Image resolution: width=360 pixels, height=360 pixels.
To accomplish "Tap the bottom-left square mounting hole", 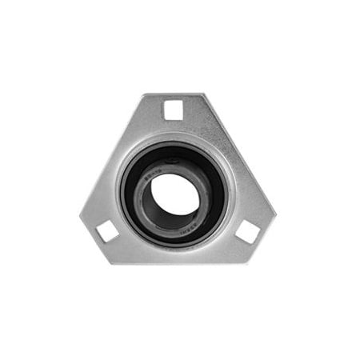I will (107, 232).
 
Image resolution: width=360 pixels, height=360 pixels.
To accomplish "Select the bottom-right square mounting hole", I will (247, 232).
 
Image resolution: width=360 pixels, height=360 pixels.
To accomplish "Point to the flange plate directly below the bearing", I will (174, 255).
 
